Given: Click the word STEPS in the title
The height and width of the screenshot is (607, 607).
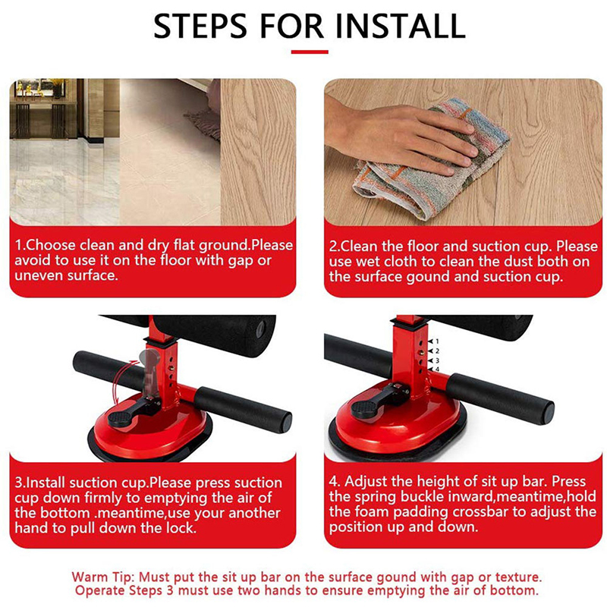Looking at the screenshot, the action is tap(200, 26).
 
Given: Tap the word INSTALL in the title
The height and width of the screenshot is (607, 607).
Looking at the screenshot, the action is tap(400, 26).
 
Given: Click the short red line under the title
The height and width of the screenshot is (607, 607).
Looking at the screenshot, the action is tap(310, 52).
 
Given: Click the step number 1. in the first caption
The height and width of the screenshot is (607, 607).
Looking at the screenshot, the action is tap(20, 245).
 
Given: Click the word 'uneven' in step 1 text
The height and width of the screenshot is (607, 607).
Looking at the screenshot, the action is tap(39, 275).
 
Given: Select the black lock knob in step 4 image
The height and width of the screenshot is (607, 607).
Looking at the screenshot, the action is tap(364, 409).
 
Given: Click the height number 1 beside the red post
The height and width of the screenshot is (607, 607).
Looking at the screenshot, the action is tap(437, 341).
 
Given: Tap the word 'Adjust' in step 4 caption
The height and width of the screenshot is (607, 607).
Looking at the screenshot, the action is tap(366, 481).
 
